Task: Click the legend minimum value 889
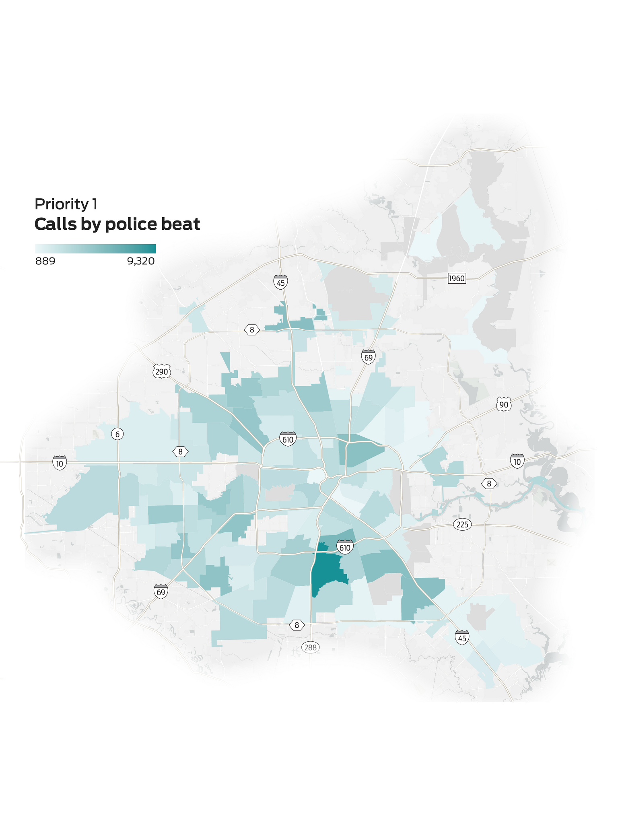coord(45,262)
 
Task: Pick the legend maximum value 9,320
coord(141,262)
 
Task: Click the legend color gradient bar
coord(95,249)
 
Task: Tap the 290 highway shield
coord(161,371)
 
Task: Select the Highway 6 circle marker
coord(117,434)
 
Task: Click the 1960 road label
coord(457,278)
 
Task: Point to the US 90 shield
coord(504,404)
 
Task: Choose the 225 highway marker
coord(462,525)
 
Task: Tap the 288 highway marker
coord(310,647)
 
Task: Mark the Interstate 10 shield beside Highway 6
coord(60,463)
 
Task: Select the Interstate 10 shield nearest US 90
coord(517,461)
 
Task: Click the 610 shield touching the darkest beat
coord(345,547)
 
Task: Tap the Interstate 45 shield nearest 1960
coord(280,282)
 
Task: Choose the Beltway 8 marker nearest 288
coord(297,625)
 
